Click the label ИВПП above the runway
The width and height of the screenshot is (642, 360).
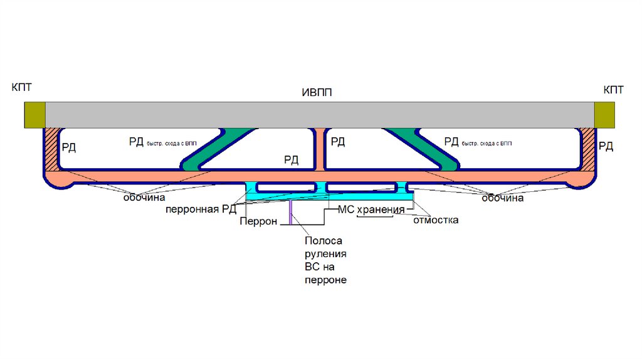pyautogui.click(x=317, y=93)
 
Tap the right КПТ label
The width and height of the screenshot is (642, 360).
pyautogui.click(x=613, y=90)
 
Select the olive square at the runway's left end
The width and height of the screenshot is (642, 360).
pyautogui.click(x=34, y=114)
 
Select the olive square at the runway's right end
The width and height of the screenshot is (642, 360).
pyautogui.click(x=604, y=114)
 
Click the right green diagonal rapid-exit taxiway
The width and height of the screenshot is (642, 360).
pyautogui.click(x=426, y=149)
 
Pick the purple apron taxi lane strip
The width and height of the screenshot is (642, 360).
pyautogui.click(x=290, y=214)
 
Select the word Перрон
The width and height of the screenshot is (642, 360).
pyautogui.click(x=258, y=221)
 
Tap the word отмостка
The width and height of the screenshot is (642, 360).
pyautogui.click(x=436, y=220)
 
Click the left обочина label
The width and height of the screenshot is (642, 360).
pyautogui.click(x=144, y=198)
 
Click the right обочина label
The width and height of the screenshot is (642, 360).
pyautogui.click(x=502, y=198)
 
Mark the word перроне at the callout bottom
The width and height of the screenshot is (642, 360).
pyautogui.click(x=325, y=280)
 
